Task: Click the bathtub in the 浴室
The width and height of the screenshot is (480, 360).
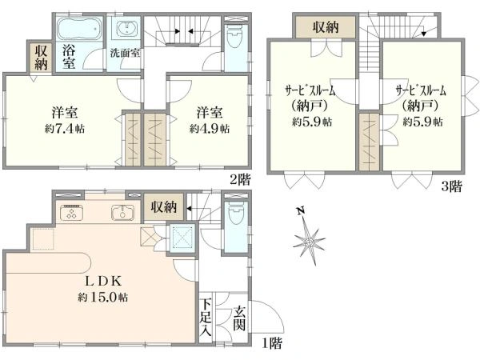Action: (x=79, y=29)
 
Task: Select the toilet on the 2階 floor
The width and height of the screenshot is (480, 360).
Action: (x=234, y=37)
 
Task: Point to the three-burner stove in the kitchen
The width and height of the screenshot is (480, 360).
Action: (x=72, y=212)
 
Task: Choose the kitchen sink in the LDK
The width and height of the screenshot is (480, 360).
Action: (x=122, y=213)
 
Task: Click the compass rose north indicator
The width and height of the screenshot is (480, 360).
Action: (x=309, y=238)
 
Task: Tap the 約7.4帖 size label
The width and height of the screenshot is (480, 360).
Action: (x=65, y=129)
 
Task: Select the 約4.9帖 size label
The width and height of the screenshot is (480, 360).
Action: (x=210, y=129)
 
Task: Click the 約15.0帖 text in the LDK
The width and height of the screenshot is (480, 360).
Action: (x=103, y=297)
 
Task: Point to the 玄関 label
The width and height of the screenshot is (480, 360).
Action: (x=239, y=318)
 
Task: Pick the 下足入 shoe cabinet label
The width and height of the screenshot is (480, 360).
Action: (x=206, y=318)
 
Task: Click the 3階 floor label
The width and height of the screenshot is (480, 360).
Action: (x=451, y=186)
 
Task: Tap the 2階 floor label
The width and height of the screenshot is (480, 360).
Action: (x=241, y=179)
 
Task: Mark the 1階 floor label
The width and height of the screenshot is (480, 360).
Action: (x=272, y=343)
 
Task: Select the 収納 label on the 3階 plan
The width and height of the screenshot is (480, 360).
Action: (x=326, y=27)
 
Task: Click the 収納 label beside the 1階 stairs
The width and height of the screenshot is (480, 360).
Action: (x=164, y=207)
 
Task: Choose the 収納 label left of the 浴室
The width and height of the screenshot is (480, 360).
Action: (x=41, y=58)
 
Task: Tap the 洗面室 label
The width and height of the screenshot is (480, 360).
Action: (x=125, y=54)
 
